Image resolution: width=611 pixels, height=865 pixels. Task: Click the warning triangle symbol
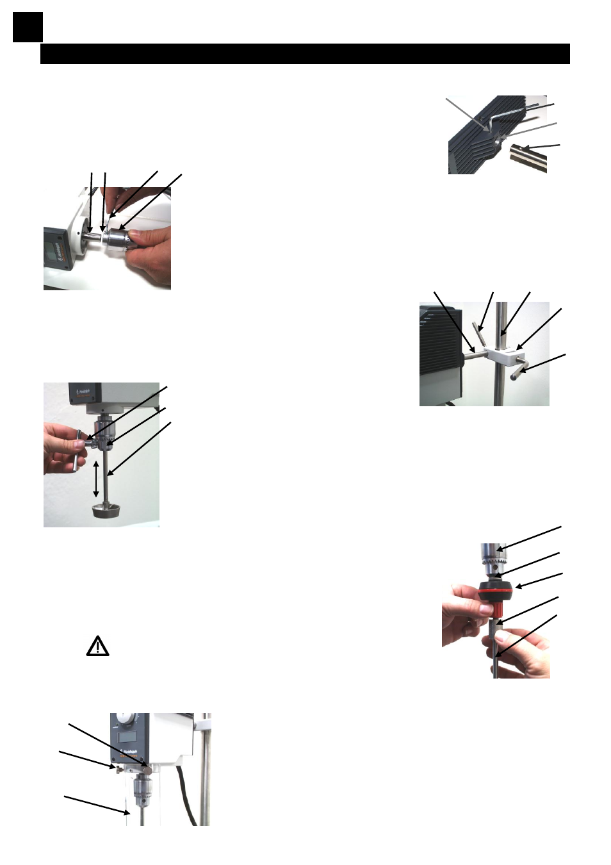point(97,646)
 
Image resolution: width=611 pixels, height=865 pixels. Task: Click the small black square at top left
point(28,28)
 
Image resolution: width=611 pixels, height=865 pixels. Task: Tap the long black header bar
point(305,54)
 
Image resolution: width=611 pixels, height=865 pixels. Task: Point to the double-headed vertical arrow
point(96,479)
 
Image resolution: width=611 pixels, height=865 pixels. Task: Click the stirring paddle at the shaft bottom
point(110,511)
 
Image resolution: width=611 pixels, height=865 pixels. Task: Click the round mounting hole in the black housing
point(497,136)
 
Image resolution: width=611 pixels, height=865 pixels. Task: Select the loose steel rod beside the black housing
point(528,158)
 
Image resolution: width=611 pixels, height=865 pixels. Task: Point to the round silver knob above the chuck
point(149,765)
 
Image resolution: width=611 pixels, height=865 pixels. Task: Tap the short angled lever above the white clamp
point(477,334)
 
